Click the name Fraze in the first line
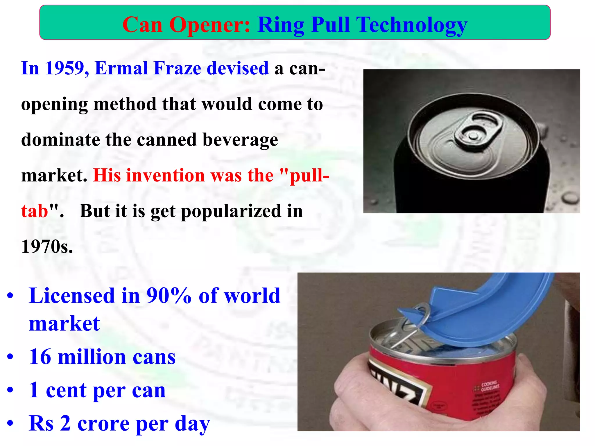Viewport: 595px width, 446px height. (177, 69)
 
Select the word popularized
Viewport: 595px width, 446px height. (231, 211)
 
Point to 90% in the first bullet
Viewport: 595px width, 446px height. (169, 296)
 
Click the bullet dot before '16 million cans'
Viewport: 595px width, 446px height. (10, 357)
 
